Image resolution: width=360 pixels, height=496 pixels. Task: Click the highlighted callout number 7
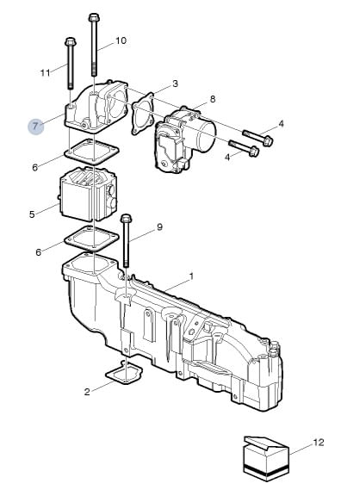(35, 127)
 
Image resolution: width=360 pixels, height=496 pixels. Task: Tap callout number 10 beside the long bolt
(121, 40)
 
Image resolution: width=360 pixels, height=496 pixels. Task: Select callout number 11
(46, 73)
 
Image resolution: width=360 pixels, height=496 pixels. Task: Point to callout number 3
(175, 84)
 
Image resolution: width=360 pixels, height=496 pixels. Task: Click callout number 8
(213, 99)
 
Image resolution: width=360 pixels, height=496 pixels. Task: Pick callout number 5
(32, 214)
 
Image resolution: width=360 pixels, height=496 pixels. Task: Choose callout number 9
(159, 226)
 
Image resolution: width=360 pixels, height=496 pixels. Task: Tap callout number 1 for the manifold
(191, 276)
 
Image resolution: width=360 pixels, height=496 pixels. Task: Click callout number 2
(87, 392)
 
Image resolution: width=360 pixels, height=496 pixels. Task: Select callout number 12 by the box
(319, 443)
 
